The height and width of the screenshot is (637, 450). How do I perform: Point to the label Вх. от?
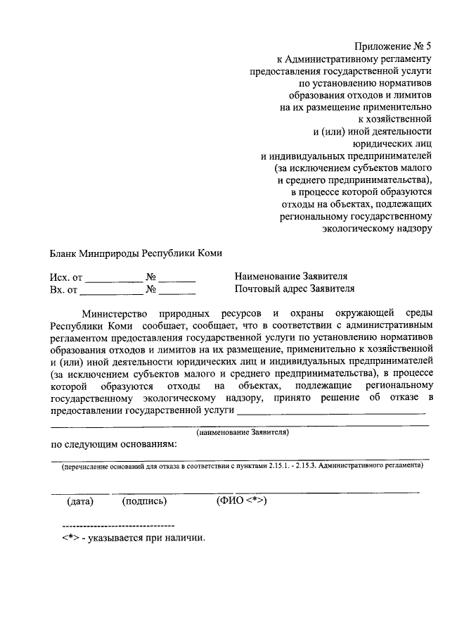64,289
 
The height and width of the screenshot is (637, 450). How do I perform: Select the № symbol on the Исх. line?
150,277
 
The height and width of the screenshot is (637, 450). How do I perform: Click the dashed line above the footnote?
118,526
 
